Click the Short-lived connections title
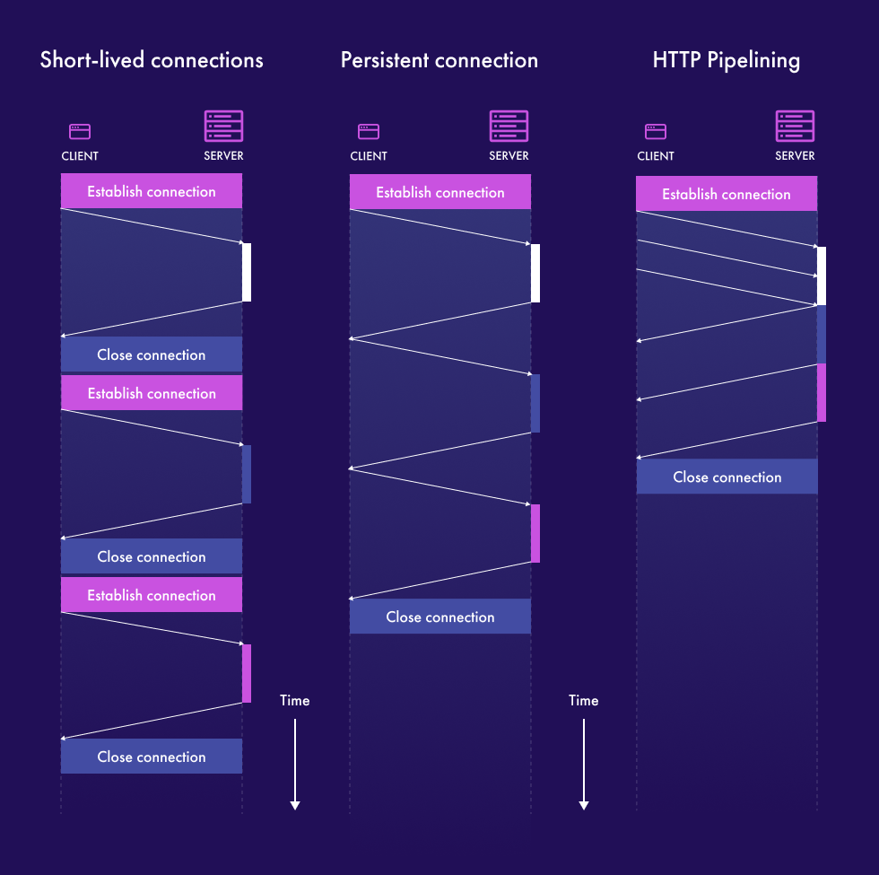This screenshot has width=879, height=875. [152, 60]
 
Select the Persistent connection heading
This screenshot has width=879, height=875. [439, 60]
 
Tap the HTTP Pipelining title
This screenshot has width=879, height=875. [727, 60]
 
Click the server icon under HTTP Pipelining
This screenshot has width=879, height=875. [795, 127]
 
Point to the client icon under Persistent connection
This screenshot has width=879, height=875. [368, 131]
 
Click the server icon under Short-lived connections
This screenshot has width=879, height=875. [223, 127]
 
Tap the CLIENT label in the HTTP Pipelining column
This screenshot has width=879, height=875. [656, 156]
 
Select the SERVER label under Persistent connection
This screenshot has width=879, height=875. [509, 156]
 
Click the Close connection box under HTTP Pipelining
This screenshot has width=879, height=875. [727, 477]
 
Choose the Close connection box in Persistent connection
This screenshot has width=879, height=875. [439, 617]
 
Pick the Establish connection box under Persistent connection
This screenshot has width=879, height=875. [439, 192]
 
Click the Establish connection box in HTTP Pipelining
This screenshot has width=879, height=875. [727, 194]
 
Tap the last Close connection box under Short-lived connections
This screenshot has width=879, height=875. [152, 757]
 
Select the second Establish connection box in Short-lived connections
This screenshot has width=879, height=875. [152, 393]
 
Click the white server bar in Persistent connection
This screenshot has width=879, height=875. [535, 273]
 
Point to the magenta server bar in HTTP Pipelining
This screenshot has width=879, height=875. [822, 392]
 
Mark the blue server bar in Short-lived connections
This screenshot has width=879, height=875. [247, 474]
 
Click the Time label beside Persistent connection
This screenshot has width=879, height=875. [583, 700]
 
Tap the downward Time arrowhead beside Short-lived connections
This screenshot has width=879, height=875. [294, 805]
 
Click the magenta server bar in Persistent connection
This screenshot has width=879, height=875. [535, 533]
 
